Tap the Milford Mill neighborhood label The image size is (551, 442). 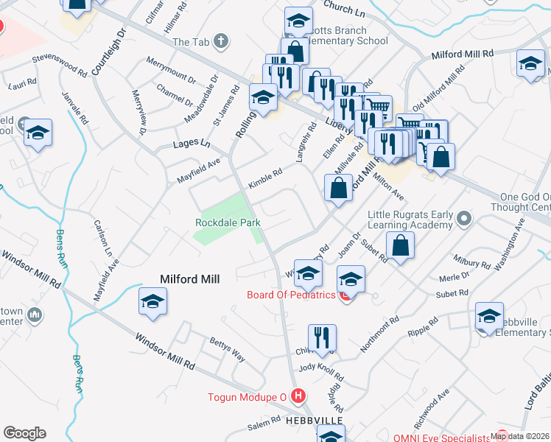192,279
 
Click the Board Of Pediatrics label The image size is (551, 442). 292,295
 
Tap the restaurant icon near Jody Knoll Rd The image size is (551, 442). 322,338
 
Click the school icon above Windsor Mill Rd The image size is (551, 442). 153,301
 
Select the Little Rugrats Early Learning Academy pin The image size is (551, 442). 463,218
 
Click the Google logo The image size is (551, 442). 25,433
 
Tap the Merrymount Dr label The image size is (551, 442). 170,70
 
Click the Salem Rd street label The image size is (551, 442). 264,423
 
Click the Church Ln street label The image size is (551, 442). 344,10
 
